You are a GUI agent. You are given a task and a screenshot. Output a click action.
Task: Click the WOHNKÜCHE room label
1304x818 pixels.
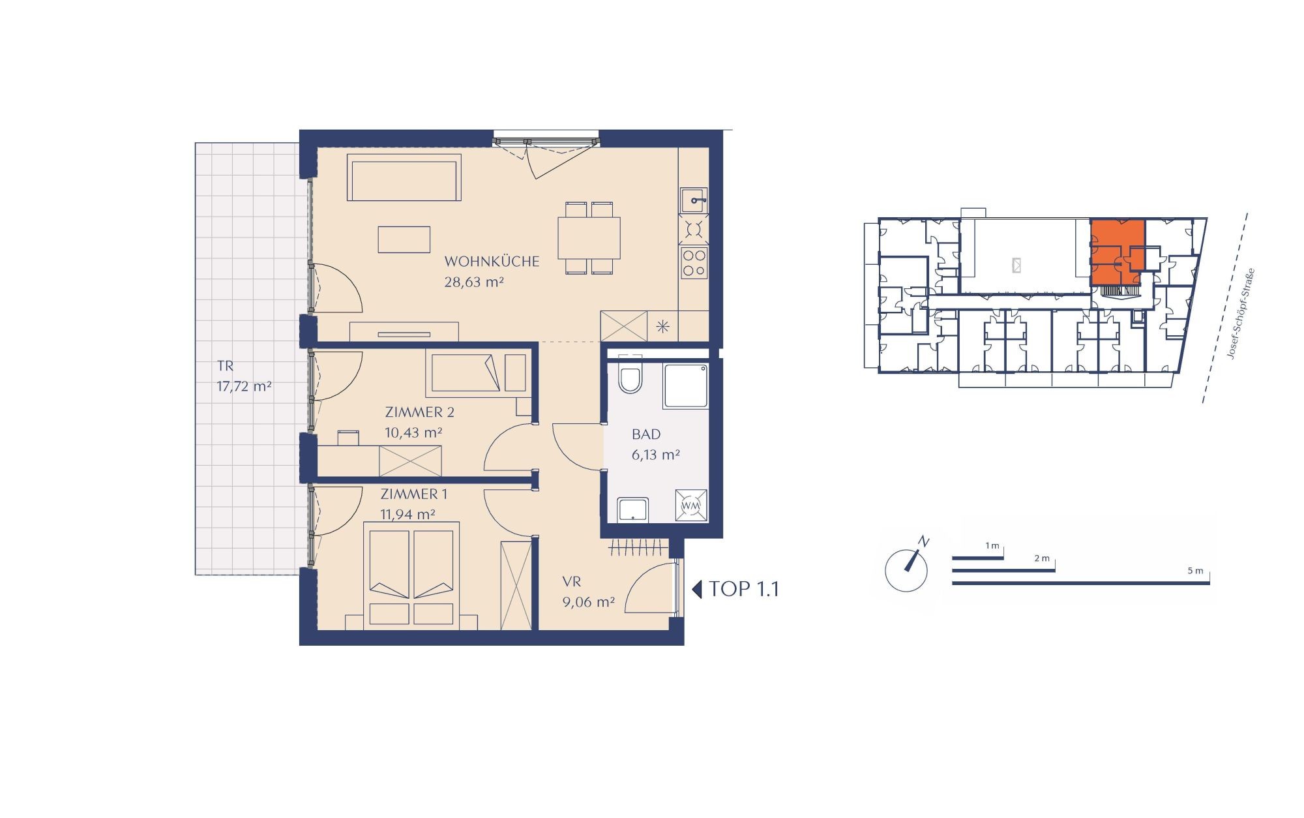(492, 262)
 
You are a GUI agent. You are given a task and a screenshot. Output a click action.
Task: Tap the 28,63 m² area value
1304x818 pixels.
(474, 282)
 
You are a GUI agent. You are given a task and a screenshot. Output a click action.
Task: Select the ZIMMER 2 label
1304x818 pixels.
(419, 412)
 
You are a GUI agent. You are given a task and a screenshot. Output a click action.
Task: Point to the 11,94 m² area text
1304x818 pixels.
(407, 514)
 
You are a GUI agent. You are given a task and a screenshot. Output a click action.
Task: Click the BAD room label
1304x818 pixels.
(646, 434)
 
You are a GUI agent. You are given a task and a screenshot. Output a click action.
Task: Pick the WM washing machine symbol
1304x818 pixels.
(690, 506)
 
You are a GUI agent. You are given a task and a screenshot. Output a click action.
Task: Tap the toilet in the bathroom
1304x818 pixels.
(630, 377)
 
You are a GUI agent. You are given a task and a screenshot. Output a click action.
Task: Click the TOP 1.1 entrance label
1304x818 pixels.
(735, 589)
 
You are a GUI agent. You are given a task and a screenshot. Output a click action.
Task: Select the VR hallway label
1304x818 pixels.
(572, 581)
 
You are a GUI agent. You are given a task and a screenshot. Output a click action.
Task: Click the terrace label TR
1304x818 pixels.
(225, 366)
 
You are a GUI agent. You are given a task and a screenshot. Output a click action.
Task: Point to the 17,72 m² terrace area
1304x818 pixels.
(244, 386)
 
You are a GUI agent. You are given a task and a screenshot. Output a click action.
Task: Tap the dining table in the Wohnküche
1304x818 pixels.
(589, 238)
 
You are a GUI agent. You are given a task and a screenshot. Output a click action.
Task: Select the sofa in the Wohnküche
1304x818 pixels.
(404, 177)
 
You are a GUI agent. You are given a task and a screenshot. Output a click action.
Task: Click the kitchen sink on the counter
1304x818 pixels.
(694, 200)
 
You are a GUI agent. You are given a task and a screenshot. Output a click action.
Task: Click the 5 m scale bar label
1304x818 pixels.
(1195, 570)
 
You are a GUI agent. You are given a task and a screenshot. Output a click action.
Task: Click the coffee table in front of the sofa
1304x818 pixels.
(404, 239)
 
